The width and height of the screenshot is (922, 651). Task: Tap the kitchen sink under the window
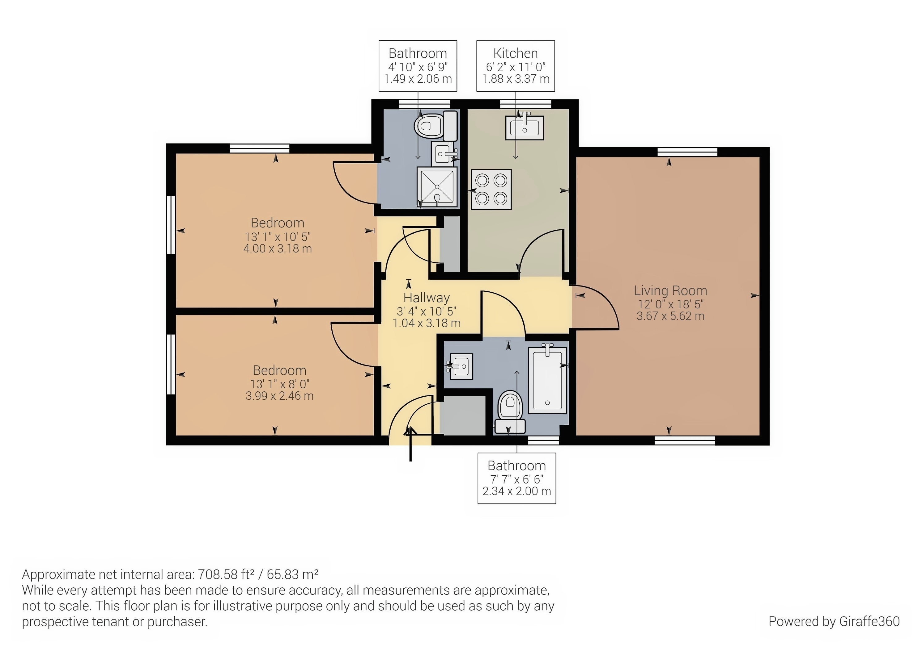(525, 127)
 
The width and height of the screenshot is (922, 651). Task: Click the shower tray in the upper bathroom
(437, 187)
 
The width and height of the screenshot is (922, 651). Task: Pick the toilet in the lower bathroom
(510, 409)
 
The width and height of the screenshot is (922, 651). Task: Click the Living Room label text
(670, 290)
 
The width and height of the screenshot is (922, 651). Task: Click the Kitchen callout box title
(515, 53)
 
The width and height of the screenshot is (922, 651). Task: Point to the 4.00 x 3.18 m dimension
(278, 249)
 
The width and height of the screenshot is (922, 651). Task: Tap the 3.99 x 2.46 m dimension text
(279, 396)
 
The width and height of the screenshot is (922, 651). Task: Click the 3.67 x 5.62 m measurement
(670, 316)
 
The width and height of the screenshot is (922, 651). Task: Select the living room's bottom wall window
(684, 441)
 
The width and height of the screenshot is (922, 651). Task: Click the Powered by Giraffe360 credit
(834, 621)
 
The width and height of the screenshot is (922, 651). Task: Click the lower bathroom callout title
(516, 466)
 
